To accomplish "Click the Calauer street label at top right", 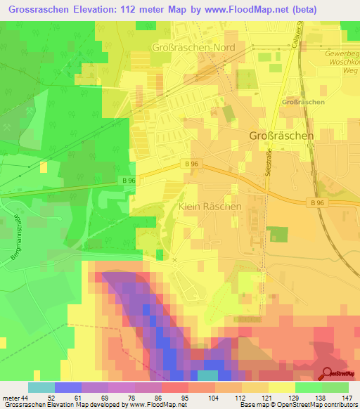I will click(x=298, y=34).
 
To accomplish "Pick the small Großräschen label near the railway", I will click(x=302, y=103).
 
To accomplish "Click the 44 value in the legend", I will click(x=25, y=398).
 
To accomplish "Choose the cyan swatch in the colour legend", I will click(x=41, y=387).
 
